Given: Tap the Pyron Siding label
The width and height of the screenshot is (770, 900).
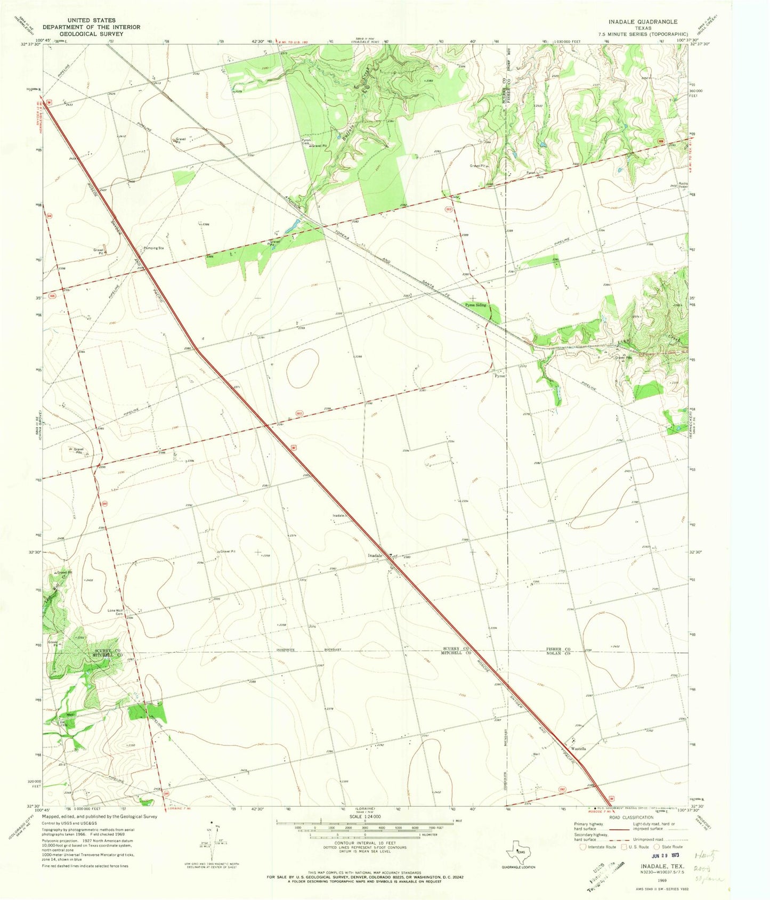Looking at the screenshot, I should click(x=476, y=305).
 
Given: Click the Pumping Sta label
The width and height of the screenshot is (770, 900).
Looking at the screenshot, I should click(x=153, y=248).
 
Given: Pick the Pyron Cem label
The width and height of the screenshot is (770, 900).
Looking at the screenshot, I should click(x=306, y=142).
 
